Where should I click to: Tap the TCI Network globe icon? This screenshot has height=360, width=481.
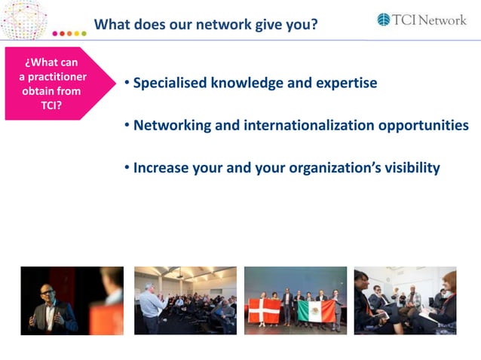[x=384, y=20]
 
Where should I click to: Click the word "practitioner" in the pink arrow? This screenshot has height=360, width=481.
[x=53, y=77]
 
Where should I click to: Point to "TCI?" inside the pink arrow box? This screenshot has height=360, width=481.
[x=52, y=105]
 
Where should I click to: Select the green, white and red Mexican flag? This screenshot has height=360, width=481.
[x=316, y=310]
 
